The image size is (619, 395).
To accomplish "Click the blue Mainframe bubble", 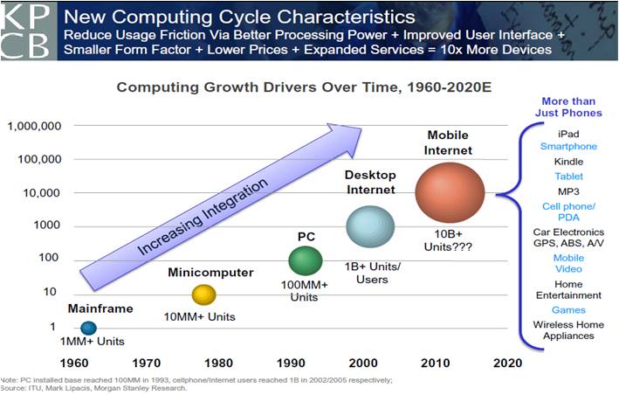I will click(87, 328).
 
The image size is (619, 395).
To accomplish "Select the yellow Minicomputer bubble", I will click(203, 295).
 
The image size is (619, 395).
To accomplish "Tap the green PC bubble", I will click(306, 260).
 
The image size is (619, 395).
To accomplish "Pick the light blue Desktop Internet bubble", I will click(373, 226).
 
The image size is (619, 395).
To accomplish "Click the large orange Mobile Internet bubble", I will click(449, 191).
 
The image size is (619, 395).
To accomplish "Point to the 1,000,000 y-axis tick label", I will click(34, 126).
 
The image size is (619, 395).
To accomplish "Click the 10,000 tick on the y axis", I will click(42, 192).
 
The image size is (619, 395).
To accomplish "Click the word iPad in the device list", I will click(568, 132).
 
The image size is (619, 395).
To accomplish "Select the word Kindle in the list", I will click(568, 162).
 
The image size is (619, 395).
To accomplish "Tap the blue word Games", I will click(568, 310).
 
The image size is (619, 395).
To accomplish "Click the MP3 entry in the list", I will click(568, 191).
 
